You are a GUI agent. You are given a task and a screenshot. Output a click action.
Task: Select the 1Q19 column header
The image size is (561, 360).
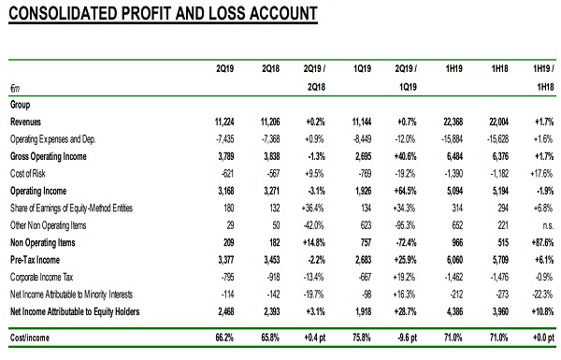[x=362, y=68]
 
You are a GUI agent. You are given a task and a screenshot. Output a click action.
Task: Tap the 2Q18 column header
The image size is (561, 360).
[x=270, y=68]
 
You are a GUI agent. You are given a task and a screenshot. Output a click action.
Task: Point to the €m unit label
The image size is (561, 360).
[x=15, y=88]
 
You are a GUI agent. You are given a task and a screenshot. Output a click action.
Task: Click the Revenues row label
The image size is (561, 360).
[x=25, y=122]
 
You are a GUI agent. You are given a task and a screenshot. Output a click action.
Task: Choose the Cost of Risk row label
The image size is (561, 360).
[x=27, y=174]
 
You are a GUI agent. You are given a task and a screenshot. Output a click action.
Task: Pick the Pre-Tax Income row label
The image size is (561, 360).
[x=35, y=260]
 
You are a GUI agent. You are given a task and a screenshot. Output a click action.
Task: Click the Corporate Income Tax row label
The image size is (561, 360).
[x=41, y=278]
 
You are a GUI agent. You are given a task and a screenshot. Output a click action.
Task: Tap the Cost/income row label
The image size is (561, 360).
[x=30, y=338]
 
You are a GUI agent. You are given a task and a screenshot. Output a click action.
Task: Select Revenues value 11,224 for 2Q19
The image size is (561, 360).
[x=224, y=122]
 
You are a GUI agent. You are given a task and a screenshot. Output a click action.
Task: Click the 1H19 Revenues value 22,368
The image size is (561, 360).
[x=453, y=122]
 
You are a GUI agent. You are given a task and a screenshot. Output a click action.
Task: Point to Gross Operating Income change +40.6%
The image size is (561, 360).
[x=406, y=157]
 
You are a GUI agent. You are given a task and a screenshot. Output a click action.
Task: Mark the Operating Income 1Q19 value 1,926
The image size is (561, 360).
[x=363, y=191]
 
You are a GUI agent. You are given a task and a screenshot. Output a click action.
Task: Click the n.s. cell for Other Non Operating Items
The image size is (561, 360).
[x=548, y=225]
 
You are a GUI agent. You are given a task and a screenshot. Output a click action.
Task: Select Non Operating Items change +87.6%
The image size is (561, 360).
[x=542, y=243]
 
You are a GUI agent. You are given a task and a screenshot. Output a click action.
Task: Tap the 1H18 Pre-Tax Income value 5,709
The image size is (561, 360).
[x=500, y=260]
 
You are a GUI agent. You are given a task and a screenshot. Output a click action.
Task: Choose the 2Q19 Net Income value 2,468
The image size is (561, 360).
[x=225, y=312]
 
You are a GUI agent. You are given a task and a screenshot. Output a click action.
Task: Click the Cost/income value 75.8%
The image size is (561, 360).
[x=361, y=338]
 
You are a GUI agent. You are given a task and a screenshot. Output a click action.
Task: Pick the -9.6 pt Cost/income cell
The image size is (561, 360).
[x=406, y=338]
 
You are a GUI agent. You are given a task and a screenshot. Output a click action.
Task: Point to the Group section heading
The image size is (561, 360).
[x=20, y=105]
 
